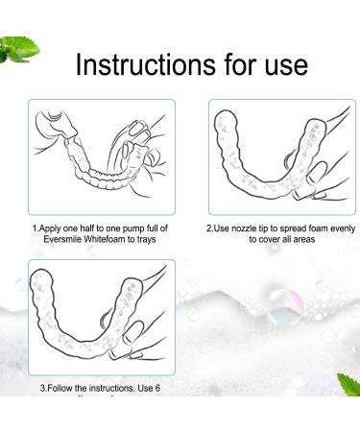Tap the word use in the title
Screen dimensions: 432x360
[x=283, y=64]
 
